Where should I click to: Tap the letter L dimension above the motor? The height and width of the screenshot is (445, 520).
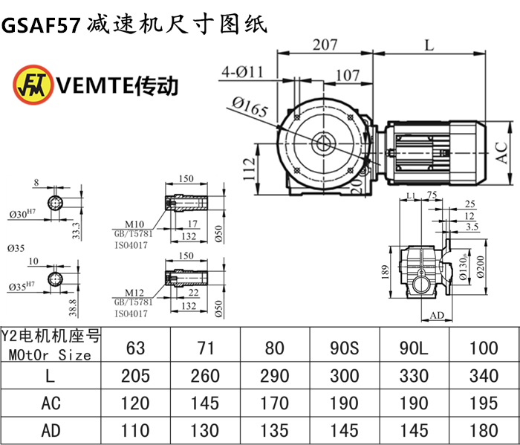(x=429, y=45)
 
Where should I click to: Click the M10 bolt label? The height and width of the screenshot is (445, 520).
(x=134, y=223)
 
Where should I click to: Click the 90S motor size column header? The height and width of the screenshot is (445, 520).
(x=345, y=346)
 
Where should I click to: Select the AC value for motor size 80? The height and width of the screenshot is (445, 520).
(x=275, y=403)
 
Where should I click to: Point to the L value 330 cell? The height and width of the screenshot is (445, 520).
(x=414, y=375)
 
